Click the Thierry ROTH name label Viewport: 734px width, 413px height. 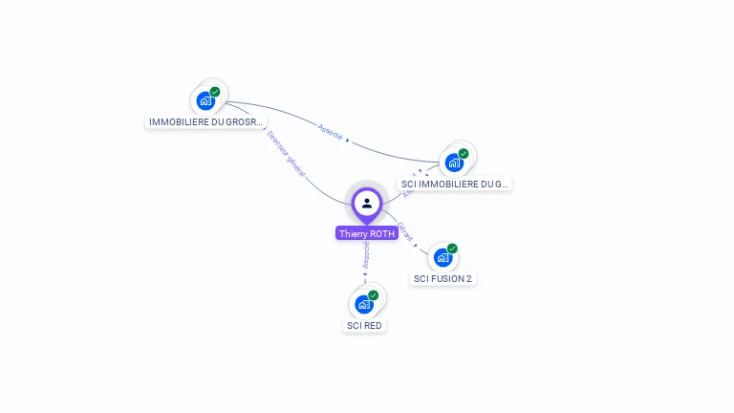click(366, 233)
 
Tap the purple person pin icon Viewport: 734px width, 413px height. click(366, 204)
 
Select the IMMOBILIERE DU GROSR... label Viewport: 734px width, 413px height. click(205, 122)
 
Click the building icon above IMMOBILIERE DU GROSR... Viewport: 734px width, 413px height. click(205, 100)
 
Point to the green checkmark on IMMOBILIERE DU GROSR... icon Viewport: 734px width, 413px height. click(215, 92)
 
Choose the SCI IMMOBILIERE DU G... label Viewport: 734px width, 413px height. click(455, 184)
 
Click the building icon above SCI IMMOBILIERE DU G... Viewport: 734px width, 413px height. click(453, 163)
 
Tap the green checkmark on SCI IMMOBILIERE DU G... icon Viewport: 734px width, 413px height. click(464, 153)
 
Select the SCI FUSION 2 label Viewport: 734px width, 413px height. click(443, 279)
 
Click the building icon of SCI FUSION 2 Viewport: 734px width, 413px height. click(442, 257)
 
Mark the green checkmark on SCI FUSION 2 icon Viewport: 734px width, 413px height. click(452, 249)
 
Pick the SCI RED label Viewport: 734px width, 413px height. click(364, 326)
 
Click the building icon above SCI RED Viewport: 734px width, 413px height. click(363, 304)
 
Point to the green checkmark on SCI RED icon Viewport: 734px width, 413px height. click(374, 295)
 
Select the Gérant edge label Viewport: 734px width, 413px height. click(405, 231)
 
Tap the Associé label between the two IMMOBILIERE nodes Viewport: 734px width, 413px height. click(330, 131)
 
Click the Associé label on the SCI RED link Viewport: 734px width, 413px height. click(366, 254)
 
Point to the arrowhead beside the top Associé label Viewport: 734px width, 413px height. click(347, 141)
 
